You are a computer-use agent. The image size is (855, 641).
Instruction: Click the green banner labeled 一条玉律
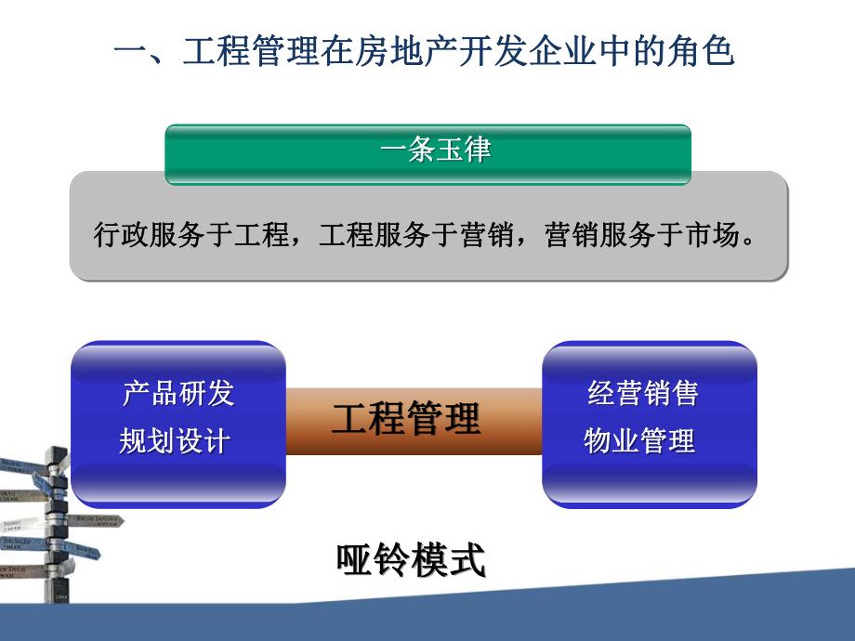(x=427, y=152)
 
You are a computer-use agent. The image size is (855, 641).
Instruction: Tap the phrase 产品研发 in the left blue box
(x=178, y=394)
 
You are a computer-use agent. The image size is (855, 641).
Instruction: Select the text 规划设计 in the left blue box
(x=174, y=441)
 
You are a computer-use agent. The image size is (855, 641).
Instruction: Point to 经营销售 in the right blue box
(x=642, y=394)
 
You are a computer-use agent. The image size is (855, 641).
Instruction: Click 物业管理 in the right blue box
(x=638, y=441)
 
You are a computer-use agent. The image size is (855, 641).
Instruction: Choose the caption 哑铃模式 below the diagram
(x=411, y=562)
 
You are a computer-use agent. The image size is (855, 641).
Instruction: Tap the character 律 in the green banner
(x=477, y=152)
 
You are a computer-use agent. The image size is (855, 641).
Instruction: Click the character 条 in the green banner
(x=421, y=152)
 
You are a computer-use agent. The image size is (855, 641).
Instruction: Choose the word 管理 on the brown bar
(x=443, y=420)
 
